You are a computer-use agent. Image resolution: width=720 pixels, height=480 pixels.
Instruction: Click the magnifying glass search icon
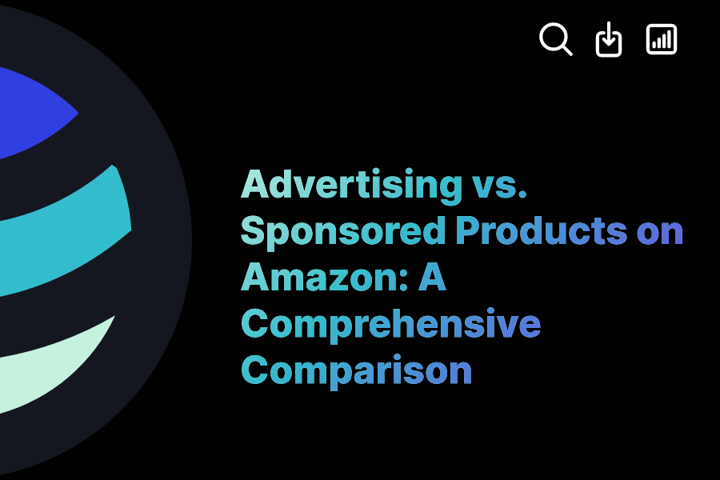555,38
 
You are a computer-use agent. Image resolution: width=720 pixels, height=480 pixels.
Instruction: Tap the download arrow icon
609,39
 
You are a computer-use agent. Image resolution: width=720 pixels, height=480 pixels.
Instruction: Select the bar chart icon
662,39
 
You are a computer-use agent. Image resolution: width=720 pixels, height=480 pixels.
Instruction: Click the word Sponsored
342,231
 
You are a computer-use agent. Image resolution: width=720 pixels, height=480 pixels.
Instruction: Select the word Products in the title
541,231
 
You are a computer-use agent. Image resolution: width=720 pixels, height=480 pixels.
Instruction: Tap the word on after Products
660,231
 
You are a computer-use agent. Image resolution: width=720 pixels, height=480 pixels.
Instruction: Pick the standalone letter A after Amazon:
433,278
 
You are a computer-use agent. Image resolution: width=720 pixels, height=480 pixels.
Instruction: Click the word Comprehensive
390,324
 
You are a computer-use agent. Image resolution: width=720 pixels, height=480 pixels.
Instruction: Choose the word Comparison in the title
356,370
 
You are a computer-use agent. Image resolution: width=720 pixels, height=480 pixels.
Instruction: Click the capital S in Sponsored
254,231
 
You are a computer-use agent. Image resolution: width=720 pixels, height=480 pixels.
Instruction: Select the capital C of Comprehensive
255,324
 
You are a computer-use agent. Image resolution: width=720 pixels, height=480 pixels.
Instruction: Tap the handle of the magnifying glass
567,50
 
